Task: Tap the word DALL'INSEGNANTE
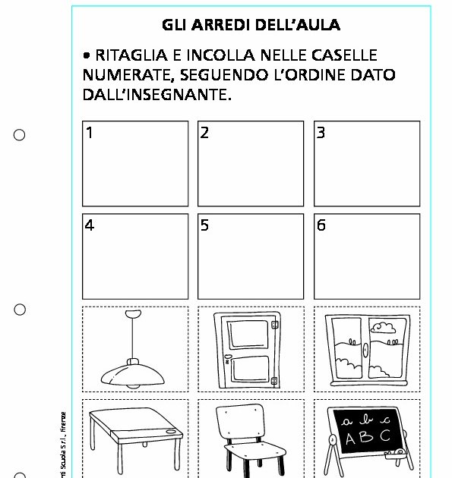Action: click(x=156, y=96)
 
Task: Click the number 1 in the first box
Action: click(x=90, y=134)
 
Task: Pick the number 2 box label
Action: click(x=204, y=134)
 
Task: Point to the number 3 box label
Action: click(x=321, y=134)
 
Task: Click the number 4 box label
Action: click(x=90, y=225)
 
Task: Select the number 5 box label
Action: click(x=204, y=225)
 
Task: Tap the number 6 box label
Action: click(x=321, y=225)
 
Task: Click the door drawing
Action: click(x=251, y=350)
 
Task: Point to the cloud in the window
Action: click(x=385, y=328)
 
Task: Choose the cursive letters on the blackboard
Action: click(x=367, y=420)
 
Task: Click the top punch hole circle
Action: click(x=20, y=135)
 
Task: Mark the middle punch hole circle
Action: click(x=20, y=310)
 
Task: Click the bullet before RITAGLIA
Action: click(x=88, y=56)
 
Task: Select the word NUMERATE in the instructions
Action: click(x=123, y=76)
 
